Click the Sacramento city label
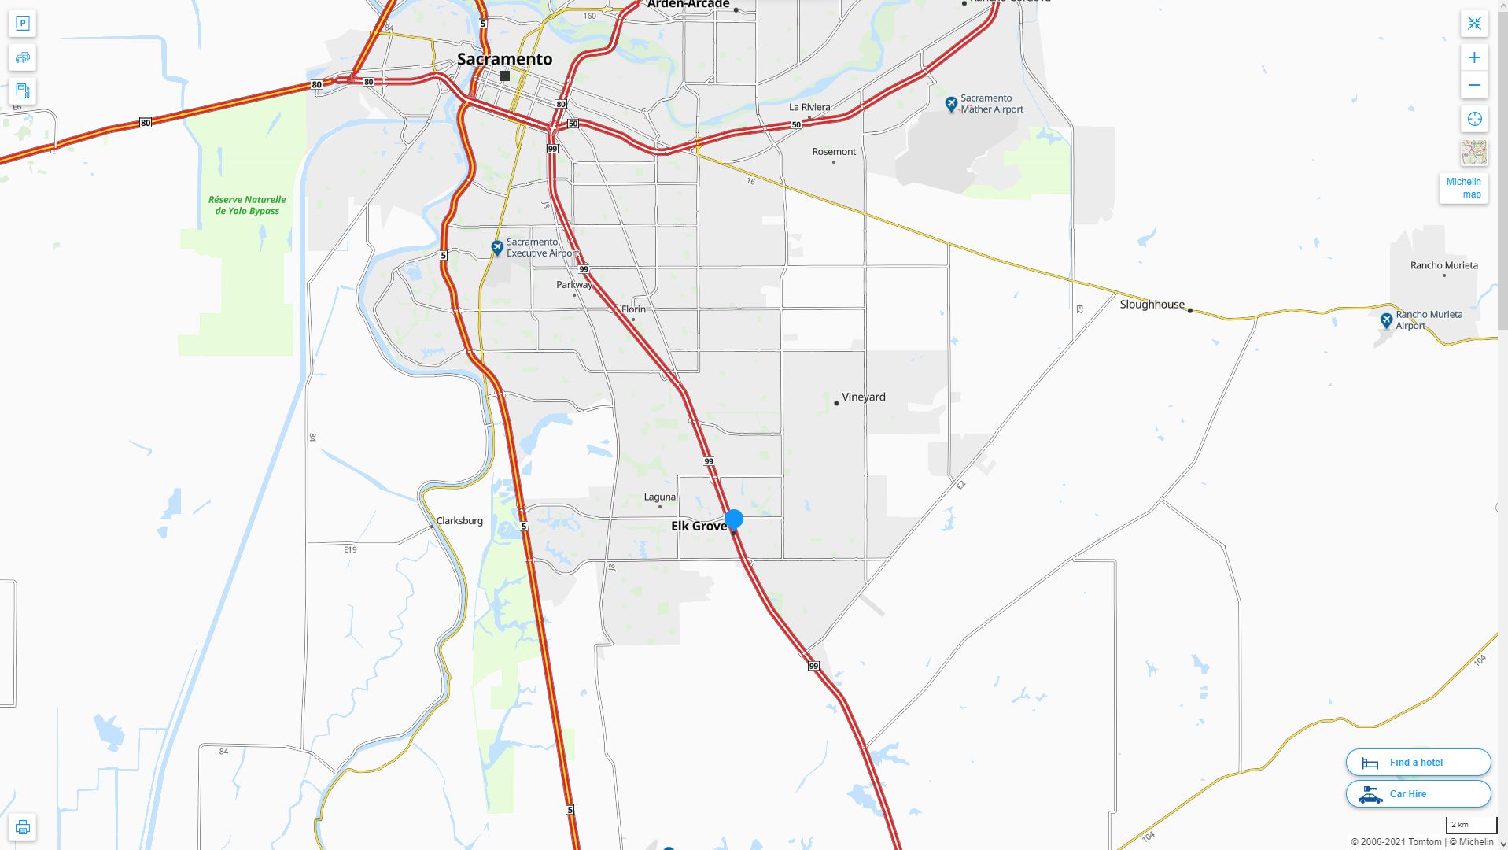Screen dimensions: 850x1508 504,59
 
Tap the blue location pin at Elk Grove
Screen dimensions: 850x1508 734,519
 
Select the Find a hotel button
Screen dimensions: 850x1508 1418,762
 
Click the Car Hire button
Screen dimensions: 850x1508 1418,794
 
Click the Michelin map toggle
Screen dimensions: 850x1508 1463,188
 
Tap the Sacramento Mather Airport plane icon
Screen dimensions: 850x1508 951,103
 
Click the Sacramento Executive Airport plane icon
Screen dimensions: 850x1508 497,248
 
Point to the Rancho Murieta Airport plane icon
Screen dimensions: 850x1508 1386,320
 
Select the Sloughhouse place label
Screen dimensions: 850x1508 1152,305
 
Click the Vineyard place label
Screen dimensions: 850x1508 863,397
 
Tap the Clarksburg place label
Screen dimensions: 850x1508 459,520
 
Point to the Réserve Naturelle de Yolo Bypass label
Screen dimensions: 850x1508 247,205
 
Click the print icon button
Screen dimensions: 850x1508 22,827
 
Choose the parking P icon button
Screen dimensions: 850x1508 22,24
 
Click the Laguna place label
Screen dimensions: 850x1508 659,497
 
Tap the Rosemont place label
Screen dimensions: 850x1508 834,152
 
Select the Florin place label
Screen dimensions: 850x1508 633,309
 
